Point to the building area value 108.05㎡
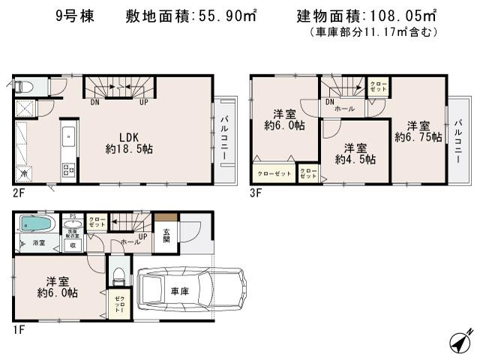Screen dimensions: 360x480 pyautogui.click(x=404, y=16)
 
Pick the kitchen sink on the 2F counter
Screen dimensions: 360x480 pyautogui.click(x=67, y=139)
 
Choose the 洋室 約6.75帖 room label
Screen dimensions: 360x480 pyautogui.click(x=418, y=131)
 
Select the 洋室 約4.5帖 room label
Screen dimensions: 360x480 pyautogui.click(x=355, y=154)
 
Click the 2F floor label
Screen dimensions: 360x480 pyautogui.click(x=18, y=192)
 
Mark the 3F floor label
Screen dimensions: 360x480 pyautogui.click(x=256, y=192)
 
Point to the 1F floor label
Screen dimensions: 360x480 pyautogui.click(x=18, y=328)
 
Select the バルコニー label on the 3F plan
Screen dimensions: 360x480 pyautogui.click(x=457, y=134)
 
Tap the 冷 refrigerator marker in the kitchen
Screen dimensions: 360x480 pyautogui.click(x=25, y=174)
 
